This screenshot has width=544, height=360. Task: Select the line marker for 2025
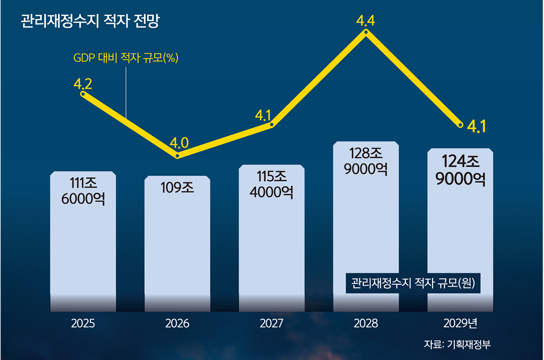(x=83, y=94)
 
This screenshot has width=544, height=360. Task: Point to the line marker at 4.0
(x=178, y=156)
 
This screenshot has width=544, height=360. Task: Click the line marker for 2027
(x=272, y=125)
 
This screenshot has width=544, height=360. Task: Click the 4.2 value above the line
(x=83, y=83)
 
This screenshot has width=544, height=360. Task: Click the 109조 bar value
(x=177, y=187)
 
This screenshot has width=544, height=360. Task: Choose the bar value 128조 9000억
(x=366, y=161)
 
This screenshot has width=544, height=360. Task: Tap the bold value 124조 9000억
(x=461, y=170)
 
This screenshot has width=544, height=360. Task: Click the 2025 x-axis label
(x=83, y=324)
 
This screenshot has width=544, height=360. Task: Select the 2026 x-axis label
(x=177, y=324)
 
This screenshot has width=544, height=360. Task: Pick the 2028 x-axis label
(x=366, y=324)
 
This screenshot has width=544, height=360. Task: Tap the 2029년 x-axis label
(x=461, y=324)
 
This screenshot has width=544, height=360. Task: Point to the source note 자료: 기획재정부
(x=457, y=344)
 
